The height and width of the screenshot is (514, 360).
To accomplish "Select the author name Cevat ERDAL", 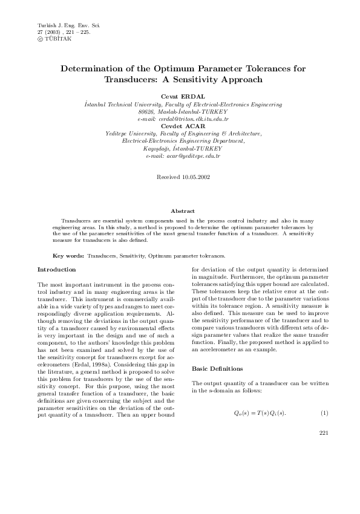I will (180, 97).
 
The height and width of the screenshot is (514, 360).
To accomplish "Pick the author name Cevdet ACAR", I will (180, 126).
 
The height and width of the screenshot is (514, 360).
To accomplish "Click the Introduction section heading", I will (57, 269).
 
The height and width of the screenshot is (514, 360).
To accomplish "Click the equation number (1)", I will (324, 412).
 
